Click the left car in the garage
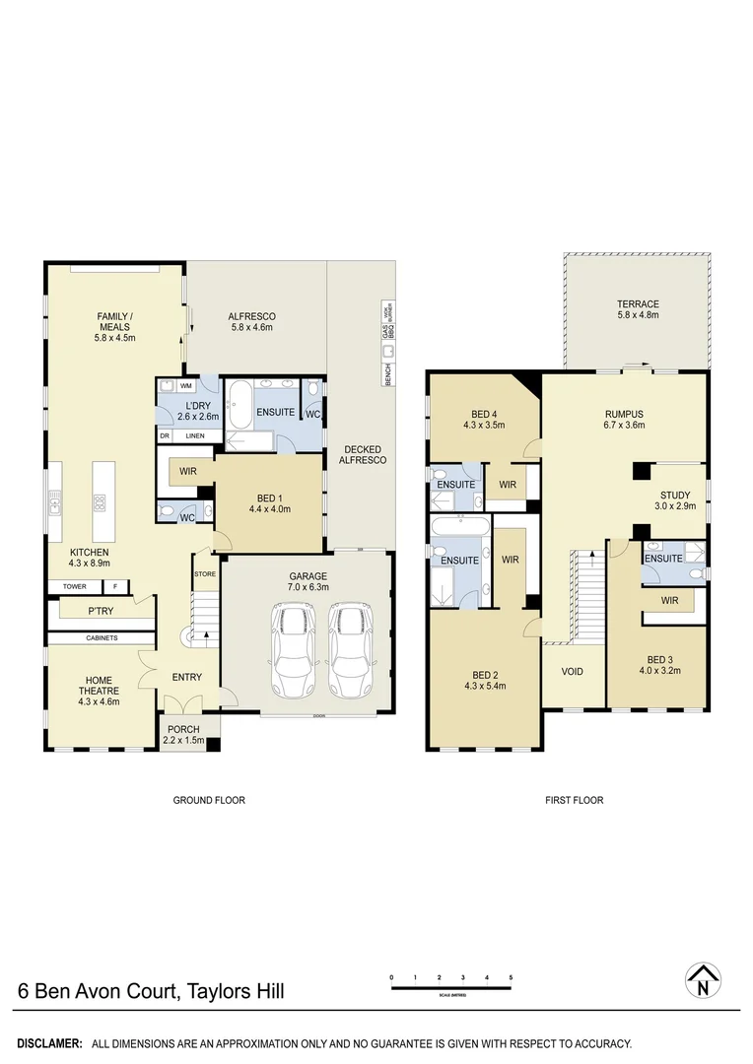coord(293,650)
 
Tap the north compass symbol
coord(702,979)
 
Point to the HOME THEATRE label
coord(99,684)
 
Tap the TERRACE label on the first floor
coord(638,304)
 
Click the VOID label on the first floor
coord(572,672)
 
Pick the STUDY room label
coord(675,496)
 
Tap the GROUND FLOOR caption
coord(209,800)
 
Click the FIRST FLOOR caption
coord(574,800)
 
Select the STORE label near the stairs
coord(204,573)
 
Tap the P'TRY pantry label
coord(100,611)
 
